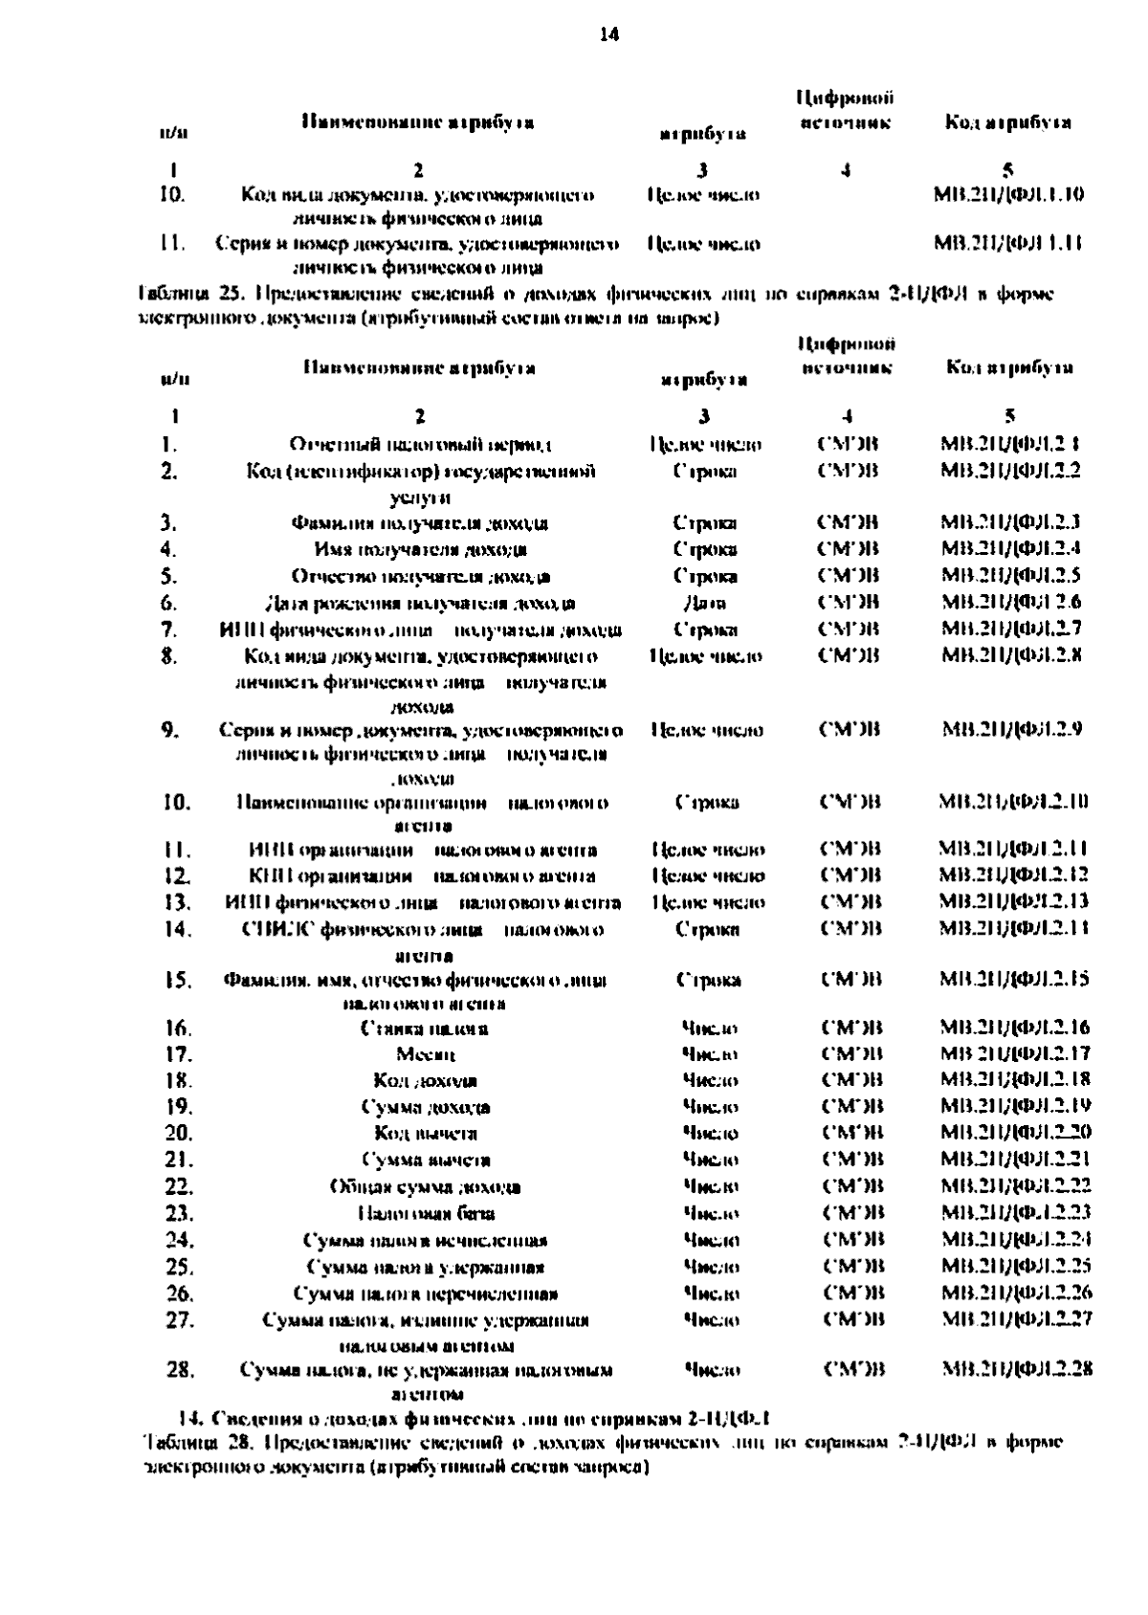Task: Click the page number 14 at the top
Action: tap(608, 35)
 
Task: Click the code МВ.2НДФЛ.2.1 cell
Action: tap(1010, 444)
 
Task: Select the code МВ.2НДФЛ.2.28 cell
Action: tap(1017, 1369)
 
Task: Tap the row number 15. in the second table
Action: tap(178, 981)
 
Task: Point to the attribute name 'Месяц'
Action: tap(425, 1054)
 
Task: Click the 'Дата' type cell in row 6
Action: tap(705, 603)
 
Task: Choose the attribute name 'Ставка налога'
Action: tap(425, 1029)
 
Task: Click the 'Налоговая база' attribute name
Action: tap(426, 1213)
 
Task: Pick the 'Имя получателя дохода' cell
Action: tap(420, 549)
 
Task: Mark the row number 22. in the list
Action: tap(179, 1187)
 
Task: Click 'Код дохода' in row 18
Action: tap(425, 1081)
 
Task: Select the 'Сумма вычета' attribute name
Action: tap(426, 1161)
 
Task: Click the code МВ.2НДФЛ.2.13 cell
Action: tap(1013, 901)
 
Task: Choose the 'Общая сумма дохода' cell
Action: tap(425, 1187)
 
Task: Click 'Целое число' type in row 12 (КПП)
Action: tap(707, 875)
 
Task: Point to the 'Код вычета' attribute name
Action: tap(426, 1134)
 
